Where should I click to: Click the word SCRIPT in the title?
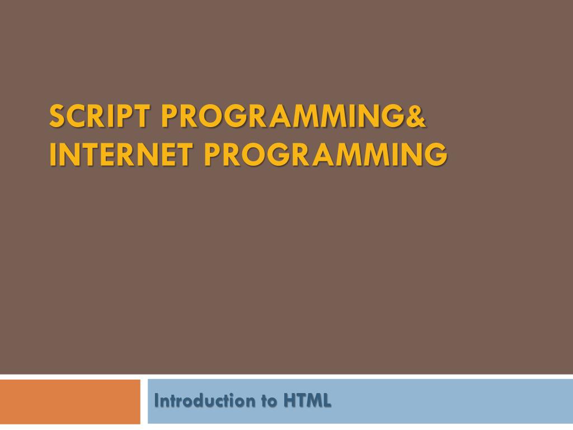click(100, 117)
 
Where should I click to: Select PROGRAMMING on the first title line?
click(279, 117)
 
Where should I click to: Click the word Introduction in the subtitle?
click(203, 401)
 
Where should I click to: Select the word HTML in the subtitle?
click(307, 401)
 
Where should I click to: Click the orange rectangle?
click(70, 402)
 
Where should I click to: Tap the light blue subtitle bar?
click(448, 402)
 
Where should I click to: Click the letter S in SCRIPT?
click(57, 117)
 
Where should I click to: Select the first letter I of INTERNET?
click(53, 155)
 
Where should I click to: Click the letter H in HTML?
click(289, 401)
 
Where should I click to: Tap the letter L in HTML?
click(326, 401)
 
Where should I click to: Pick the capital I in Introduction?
click(157, 401)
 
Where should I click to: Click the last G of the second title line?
click(436, 155)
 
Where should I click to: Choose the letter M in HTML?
click(313, 401)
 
